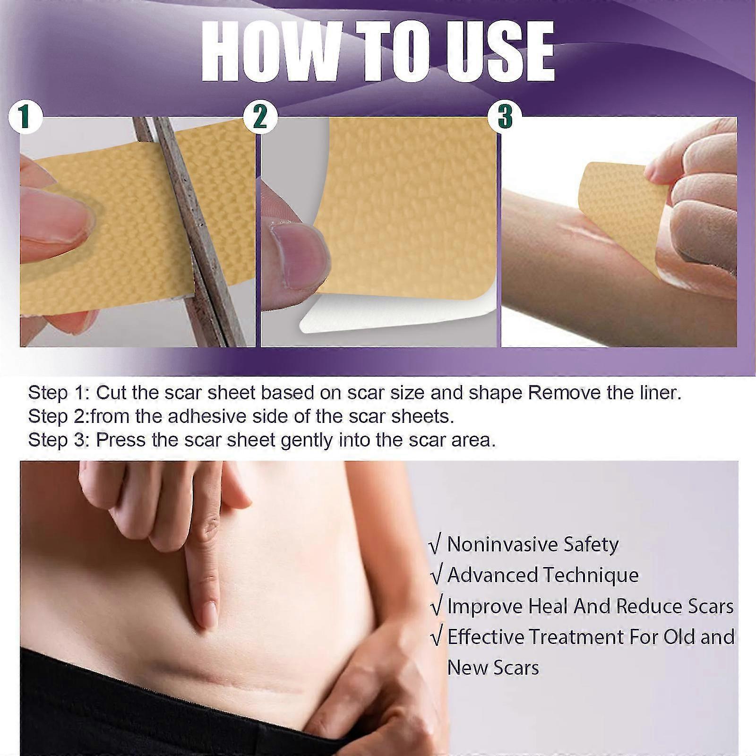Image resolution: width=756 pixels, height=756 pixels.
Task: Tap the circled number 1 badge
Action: (26, 116)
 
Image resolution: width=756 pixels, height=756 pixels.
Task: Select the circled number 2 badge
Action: (260, 116)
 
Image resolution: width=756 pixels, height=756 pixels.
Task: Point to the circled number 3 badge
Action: (504, 116)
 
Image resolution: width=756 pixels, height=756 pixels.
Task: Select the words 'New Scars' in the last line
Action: (493, 668)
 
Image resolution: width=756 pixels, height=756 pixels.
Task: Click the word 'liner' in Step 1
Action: (657, 393)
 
